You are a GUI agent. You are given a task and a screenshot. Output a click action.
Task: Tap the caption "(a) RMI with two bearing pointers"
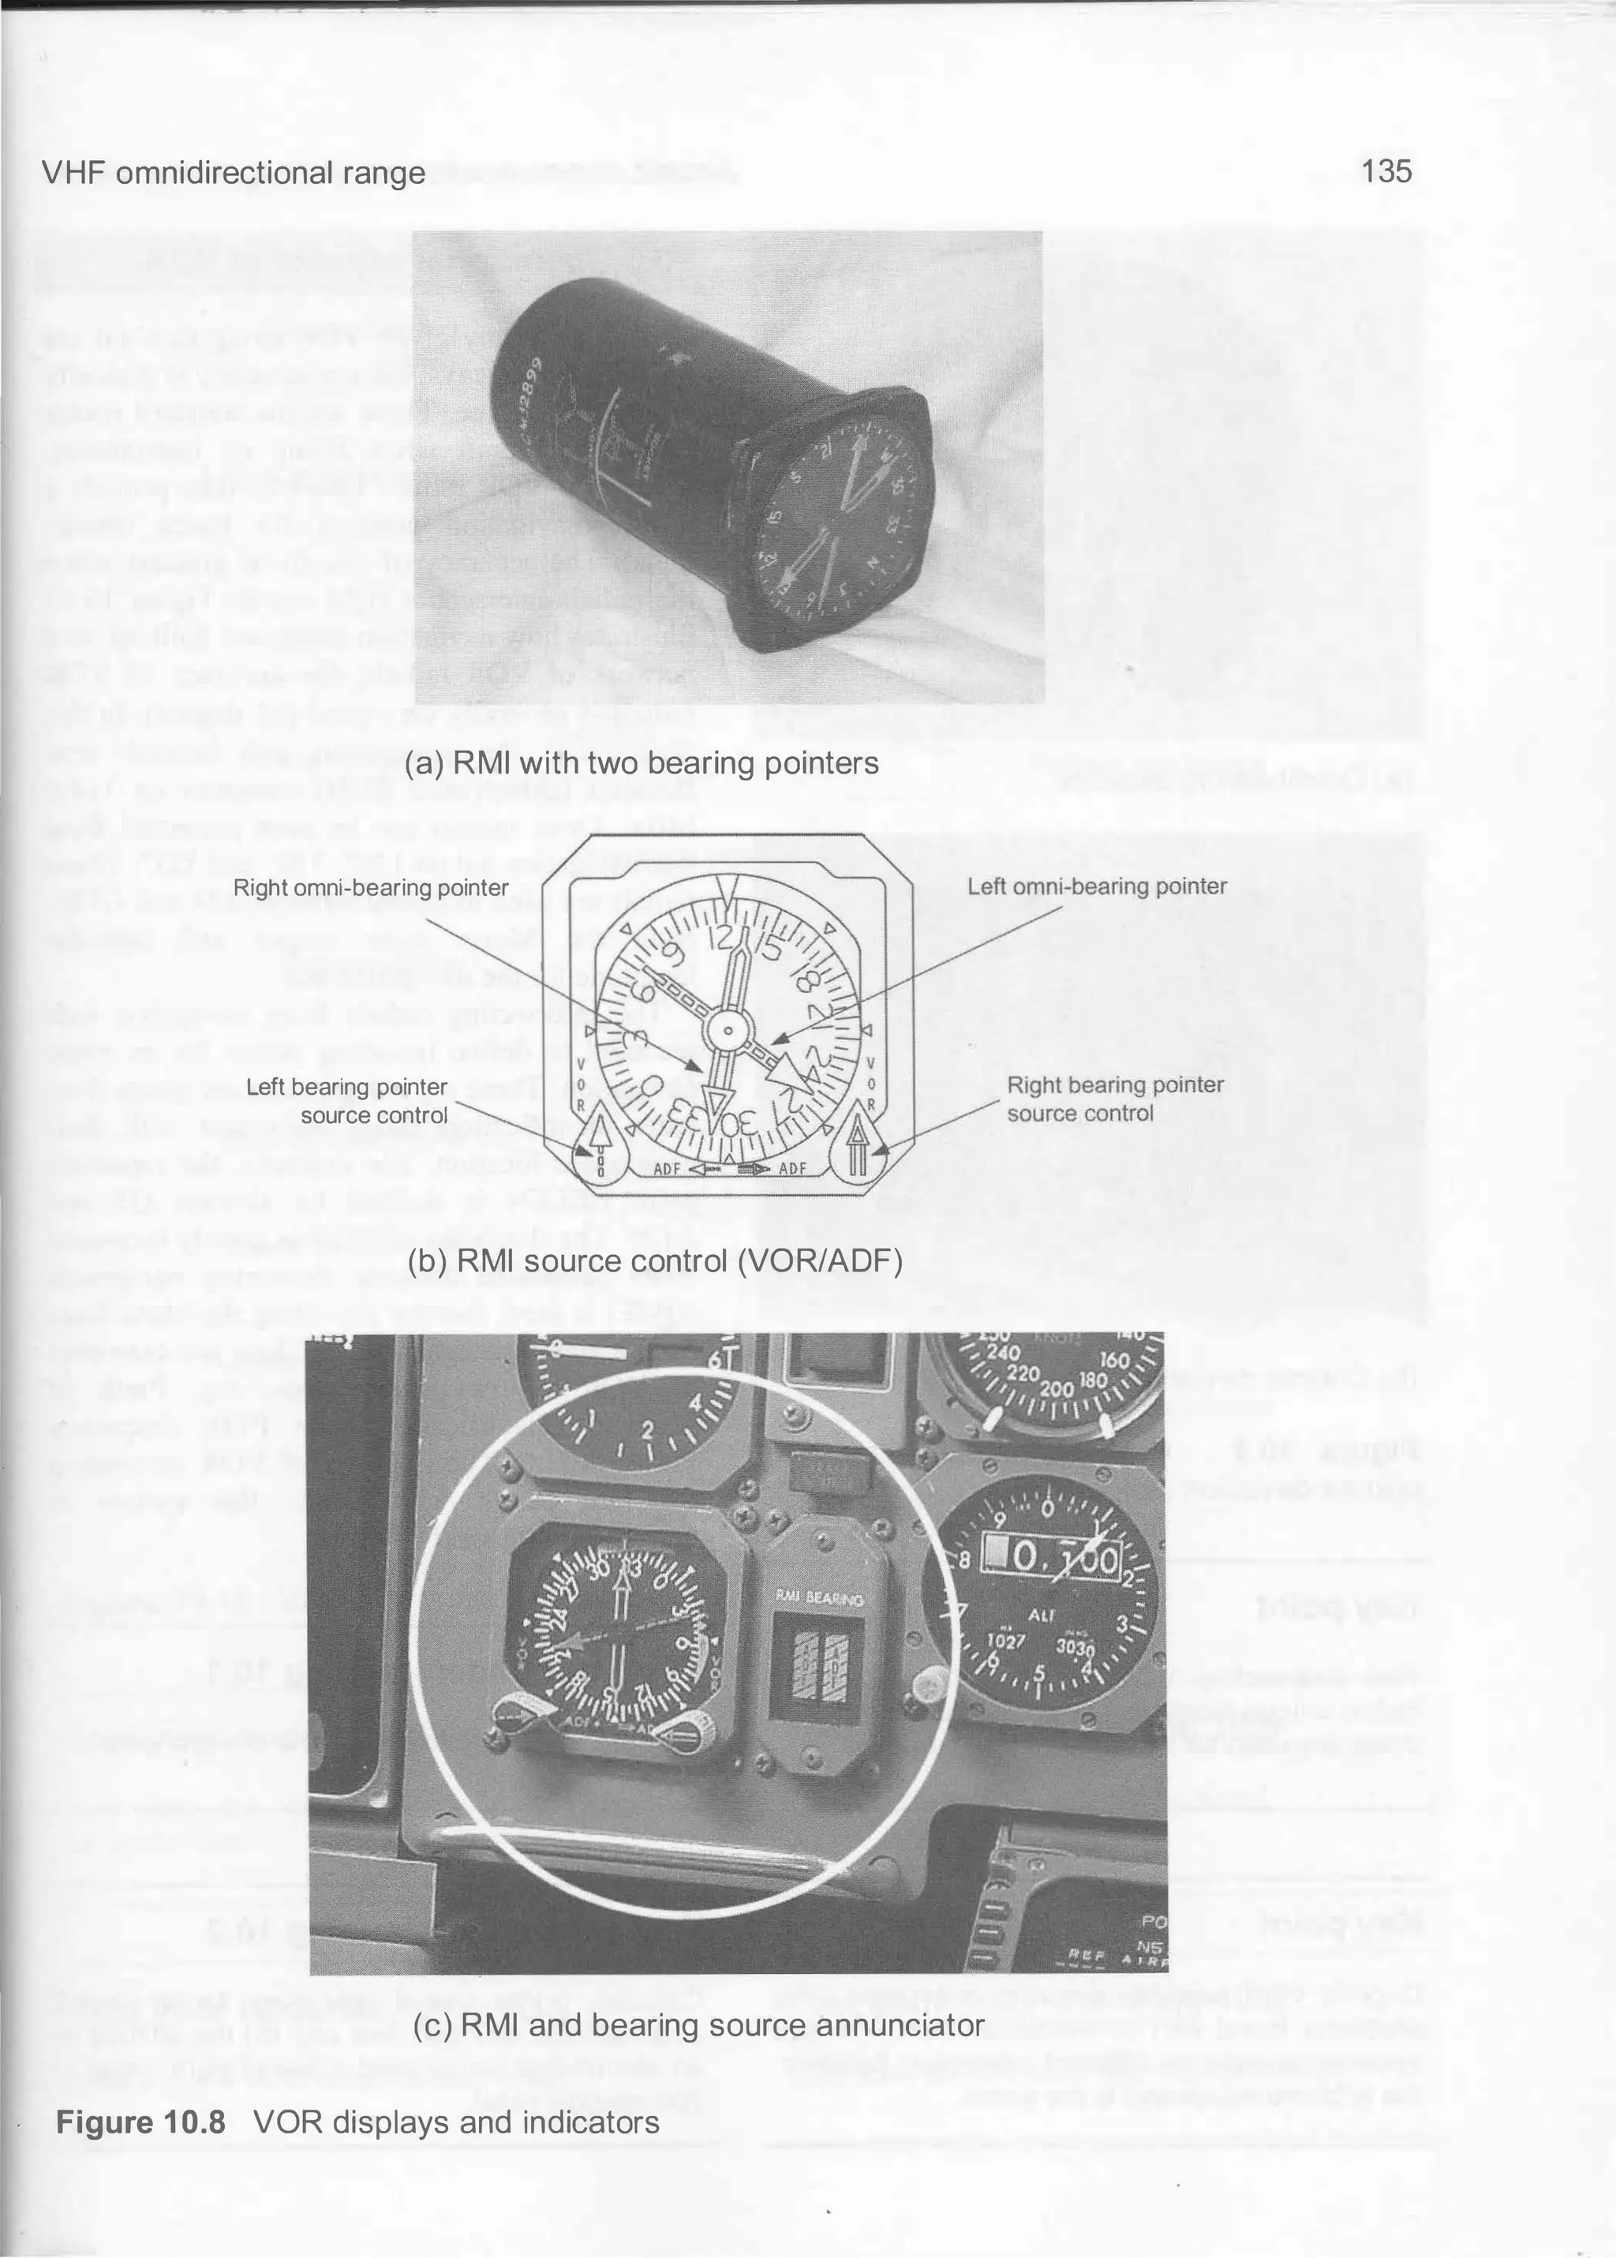(642, 763)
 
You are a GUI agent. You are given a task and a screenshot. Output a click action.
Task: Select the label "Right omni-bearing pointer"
(370, 886)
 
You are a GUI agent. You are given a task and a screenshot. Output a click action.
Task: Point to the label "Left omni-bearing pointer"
(1097, 886)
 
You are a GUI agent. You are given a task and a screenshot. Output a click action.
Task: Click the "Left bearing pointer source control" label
(346, 1101)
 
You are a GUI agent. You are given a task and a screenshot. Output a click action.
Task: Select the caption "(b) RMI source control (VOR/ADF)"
(655, 1261)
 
